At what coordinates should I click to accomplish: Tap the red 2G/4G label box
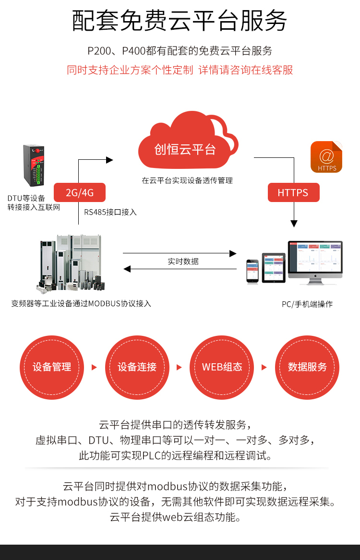(x=79, y=193)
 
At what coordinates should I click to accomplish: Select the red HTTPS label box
(x=293, y=193)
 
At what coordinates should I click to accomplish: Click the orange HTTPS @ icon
(x=326, y=157)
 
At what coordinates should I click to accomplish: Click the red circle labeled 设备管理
(x=52, y=367)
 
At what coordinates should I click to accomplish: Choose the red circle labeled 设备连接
(x=137, y=367)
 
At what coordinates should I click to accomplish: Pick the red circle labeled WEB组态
(x=222, y=367)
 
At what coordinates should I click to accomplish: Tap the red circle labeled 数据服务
(x=307, y=367)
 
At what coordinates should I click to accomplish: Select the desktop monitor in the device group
(x=315, y=262)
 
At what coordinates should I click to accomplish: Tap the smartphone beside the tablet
(x=252, y=271)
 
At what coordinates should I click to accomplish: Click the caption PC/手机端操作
(x=307, y=304)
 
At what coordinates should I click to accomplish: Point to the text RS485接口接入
(x=110, y=212)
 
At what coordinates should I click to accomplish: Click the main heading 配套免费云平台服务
(x=180, y=21)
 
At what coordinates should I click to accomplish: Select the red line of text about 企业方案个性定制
(x=180, y=70)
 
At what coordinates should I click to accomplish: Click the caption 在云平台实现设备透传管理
(x=187, y=180)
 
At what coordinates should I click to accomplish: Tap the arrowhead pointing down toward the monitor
(x=294, y=224)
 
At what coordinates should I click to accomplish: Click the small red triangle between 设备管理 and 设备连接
(x=94, y=367)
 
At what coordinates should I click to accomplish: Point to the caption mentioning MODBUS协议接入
(x=81, y=303)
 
